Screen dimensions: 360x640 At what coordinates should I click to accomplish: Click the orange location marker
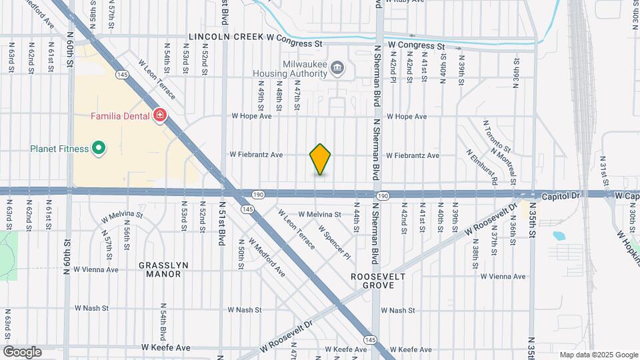(321, 159)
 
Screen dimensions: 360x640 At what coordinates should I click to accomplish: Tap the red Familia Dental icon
(159, 117)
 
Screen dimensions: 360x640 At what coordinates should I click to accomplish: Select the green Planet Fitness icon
(99, 148)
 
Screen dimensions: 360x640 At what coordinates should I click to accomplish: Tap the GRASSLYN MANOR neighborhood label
(163, 269)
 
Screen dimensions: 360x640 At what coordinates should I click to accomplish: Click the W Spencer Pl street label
(334, 241)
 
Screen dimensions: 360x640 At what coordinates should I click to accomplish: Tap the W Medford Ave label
(267, 258)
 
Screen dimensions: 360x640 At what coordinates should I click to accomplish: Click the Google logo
(22, 352)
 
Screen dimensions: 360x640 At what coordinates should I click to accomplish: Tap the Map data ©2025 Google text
(598, 355)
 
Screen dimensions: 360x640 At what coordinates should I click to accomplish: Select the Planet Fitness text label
(59, 148)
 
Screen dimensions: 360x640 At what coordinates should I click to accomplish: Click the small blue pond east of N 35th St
(559, 235)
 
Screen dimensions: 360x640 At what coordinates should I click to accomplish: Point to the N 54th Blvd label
(163, 324)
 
